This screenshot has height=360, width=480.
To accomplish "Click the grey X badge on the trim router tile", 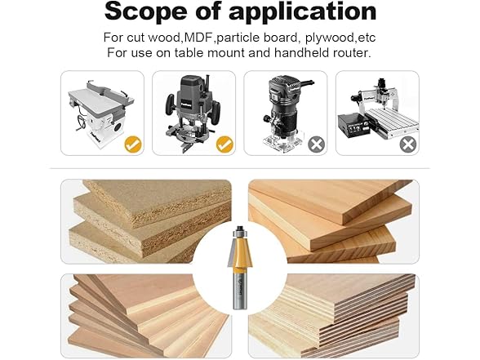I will click(316, 145).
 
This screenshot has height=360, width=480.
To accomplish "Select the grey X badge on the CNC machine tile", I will click(407, 145).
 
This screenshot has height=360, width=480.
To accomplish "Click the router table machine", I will click(99, 110).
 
